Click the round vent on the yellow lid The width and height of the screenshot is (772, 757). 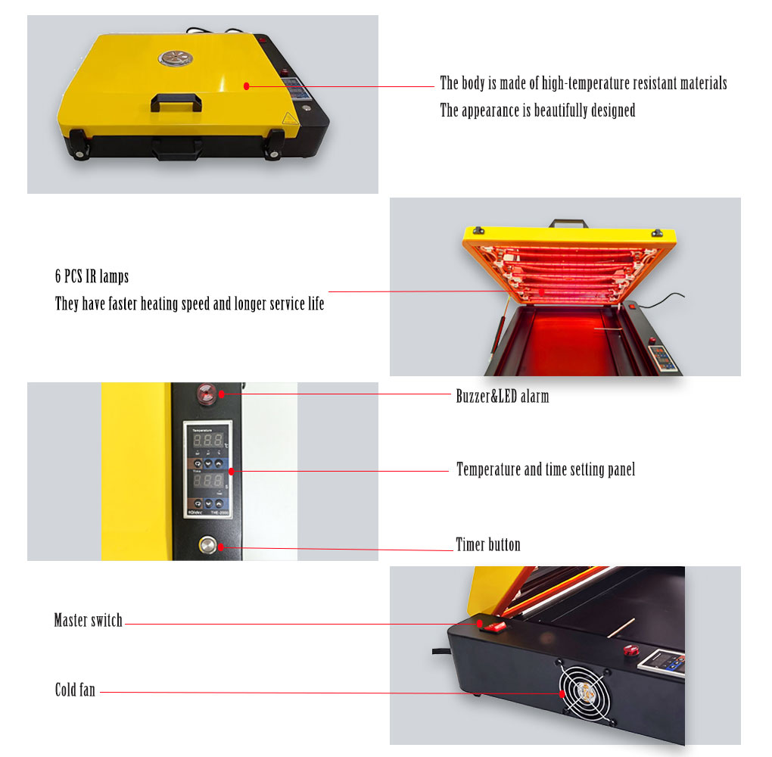point(176,58)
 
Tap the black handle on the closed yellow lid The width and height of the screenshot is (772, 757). point(176,102)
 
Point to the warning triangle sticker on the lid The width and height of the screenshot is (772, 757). point(289,118)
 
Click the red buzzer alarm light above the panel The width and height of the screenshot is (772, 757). point(206,393)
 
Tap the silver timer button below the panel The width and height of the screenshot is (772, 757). point(207,545)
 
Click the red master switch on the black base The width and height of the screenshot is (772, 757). point(495,627)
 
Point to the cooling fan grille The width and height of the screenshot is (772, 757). point(584,693)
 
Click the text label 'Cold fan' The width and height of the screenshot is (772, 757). point(75,690)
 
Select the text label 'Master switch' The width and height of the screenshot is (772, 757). point(88,620)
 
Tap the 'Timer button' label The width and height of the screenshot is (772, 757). point(488,544)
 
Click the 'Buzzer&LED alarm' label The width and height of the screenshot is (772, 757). point(503,396)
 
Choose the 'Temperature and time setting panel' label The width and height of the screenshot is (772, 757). point(546,469)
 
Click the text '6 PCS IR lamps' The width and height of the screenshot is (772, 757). point(92,276)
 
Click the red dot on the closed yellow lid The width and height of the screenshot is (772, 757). point(247,86)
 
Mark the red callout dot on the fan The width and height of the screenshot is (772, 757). point(562,694)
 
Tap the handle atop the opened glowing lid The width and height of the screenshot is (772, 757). point(568,223)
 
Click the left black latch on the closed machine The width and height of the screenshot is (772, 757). point(79,145)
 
